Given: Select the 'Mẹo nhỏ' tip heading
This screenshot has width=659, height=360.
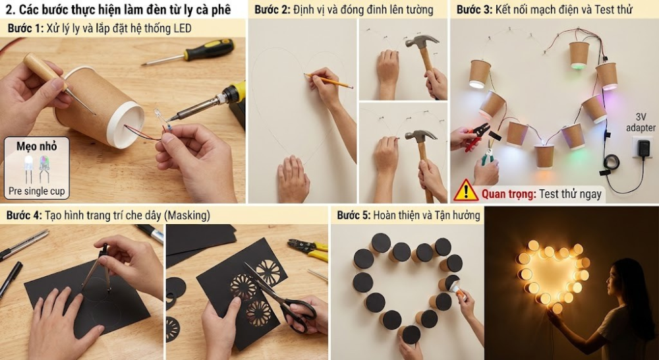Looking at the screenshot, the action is point(36,146).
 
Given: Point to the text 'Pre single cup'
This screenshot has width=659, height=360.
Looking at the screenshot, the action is point(37,191).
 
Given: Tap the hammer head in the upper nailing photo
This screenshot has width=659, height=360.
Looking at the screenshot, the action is point(421,42).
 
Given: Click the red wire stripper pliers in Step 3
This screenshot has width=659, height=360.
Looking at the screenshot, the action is point(478,136).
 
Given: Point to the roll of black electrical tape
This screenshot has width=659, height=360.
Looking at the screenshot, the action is point(612,162).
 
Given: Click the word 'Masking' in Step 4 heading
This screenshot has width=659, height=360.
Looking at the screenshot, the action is point(186,216).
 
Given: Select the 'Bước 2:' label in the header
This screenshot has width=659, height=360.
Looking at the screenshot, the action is point(270,9).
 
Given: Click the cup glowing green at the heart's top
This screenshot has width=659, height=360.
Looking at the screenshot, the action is point(579,55).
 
